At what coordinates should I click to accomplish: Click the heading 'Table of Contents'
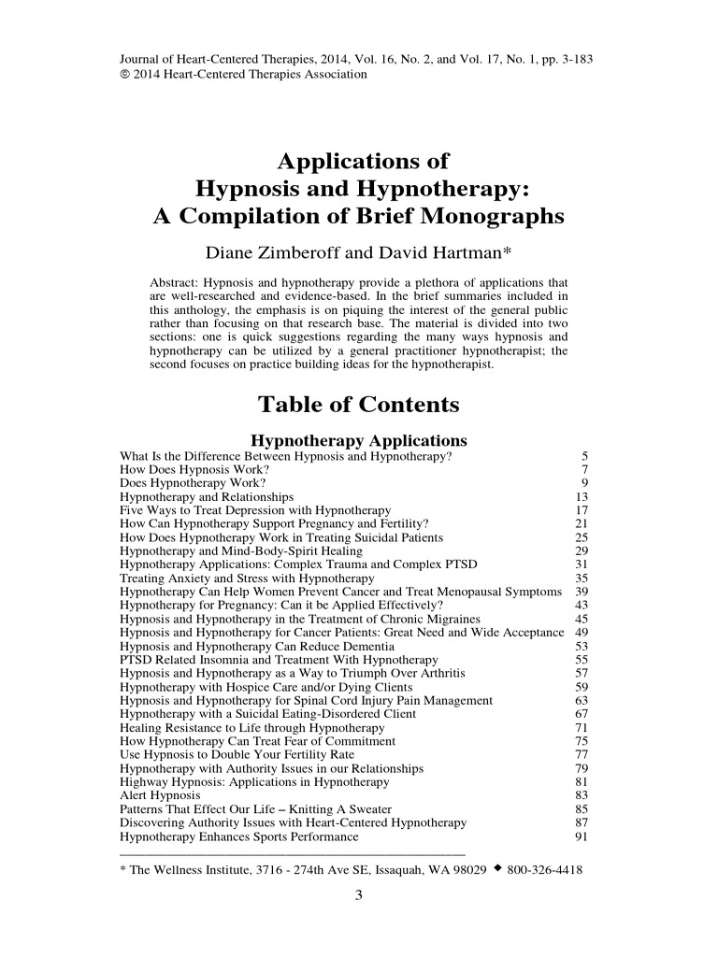click(x=358, y=405)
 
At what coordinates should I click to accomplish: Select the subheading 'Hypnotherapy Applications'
click(x=360, y=440)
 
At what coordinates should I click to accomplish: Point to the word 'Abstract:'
click(x=178, y=283)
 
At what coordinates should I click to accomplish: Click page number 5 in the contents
click(x=583, y=456)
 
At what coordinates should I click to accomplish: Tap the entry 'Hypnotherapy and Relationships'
click(x=207, y=496)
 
